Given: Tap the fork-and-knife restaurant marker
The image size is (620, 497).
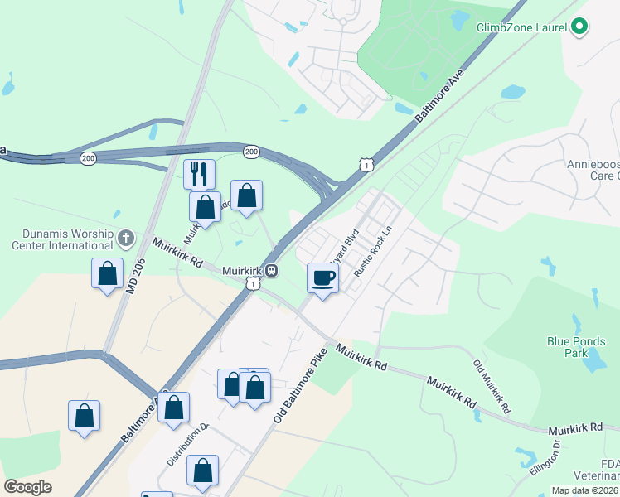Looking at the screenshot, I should pos(199,174).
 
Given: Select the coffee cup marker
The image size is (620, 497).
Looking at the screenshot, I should pos(322,277).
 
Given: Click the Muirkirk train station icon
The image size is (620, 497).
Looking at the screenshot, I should pos(271,270).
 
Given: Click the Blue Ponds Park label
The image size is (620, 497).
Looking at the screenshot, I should pos(576,346).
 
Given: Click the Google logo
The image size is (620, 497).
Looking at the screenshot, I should pos(27,487).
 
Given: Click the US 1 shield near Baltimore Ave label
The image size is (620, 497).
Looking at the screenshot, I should pos(366,165).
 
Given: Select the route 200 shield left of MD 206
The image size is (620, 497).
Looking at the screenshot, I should pos(88,157).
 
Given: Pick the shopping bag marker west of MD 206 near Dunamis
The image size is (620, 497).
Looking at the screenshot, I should pos(107,273).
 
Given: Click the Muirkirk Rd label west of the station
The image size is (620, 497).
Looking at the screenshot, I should pos(177,252).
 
